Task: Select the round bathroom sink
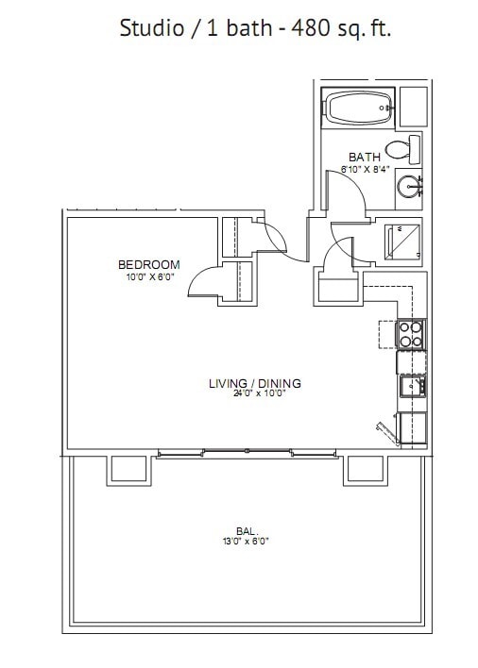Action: [409, 185]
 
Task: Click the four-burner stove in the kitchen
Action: [411, 334]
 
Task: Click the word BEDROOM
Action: [148, 265]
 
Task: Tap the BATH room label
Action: [364, 158]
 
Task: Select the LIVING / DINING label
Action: [254, 383]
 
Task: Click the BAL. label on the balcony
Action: [248, 530]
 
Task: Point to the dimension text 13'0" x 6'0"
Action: [247, 542]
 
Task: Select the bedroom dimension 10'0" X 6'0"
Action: [148, 277]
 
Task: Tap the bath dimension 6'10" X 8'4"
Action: [364, 169]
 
